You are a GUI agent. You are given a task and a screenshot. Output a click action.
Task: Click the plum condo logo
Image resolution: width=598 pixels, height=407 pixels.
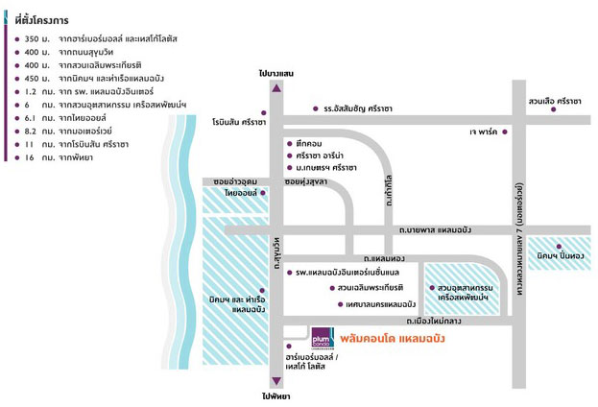[323, 338]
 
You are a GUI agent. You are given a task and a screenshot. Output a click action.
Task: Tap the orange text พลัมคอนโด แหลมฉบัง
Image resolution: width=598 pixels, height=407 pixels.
[393, 339]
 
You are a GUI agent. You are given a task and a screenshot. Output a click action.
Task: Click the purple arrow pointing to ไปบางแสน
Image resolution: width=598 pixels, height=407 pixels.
[276, 88]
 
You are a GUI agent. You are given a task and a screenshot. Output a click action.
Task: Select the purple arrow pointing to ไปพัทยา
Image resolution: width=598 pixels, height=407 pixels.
[276, 381]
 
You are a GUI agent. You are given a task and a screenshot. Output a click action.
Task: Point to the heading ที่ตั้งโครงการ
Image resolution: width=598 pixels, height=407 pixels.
[42, 20]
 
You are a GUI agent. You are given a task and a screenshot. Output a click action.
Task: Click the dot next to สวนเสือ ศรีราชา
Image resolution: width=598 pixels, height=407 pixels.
[554, 109]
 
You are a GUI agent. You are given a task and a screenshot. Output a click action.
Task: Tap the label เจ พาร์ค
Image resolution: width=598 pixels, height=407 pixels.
[483, 132]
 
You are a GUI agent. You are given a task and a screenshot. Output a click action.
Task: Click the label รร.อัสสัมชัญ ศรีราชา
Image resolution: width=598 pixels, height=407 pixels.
[358, 108]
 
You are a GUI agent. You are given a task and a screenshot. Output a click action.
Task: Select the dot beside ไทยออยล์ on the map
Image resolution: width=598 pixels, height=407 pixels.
[263, 193]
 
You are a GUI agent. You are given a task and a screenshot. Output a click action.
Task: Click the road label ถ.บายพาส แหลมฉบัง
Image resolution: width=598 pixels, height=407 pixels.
[435, 230]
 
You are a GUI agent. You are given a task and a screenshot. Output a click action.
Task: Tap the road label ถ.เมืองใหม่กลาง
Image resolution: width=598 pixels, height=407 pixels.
[433, 322]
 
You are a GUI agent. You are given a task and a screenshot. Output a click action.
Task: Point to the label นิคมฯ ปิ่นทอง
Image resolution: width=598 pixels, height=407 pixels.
[561, 255]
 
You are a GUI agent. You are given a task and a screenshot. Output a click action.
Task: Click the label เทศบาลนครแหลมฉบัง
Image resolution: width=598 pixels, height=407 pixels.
[380, 304]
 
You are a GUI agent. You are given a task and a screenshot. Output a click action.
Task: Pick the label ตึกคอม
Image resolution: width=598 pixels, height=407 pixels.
[309, 144]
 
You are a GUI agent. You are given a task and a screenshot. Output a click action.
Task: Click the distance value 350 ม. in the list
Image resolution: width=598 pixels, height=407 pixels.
[37, 39]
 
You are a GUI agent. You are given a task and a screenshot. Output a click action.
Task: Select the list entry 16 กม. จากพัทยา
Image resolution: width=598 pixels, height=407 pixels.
[59, 157]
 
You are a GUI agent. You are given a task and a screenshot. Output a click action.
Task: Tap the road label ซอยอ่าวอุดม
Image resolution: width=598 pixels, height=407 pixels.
[235, 182]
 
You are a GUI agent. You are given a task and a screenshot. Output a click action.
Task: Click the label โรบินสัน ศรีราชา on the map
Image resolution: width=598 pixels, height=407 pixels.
[239, 123]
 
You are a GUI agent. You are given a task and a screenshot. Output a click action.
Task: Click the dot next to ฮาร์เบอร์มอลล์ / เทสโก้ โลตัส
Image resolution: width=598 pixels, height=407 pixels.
[289, 347]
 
